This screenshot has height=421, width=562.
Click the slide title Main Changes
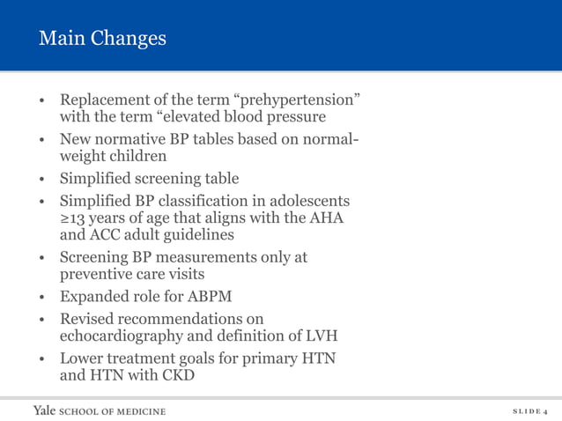(102, 40)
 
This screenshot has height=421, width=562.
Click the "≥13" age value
(74, 218)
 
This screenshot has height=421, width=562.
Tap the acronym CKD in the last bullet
(177, 376)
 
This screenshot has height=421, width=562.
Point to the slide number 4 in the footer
(545, 411)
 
